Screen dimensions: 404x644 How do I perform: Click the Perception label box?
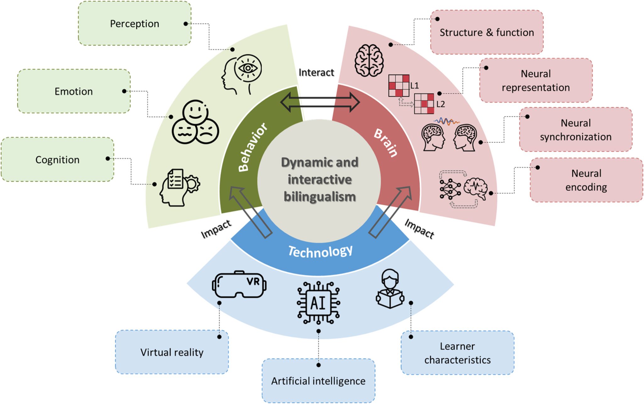click(135, 24)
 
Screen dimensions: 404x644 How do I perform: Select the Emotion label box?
click(74, 91)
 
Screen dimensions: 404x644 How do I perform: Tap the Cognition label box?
click(58, 160)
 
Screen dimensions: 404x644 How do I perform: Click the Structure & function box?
click(487, 32)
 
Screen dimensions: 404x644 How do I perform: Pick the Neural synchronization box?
click(576, 130)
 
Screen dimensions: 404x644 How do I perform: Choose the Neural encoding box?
click(586, 180)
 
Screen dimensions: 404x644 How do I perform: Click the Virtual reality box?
click(172, 352)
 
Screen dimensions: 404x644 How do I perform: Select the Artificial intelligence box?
click(318, 381)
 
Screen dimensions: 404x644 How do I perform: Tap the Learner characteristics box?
click(458, 353)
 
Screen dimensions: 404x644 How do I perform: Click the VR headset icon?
click(239, 284)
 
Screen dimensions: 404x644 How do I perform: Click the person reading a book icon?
click(390, 289)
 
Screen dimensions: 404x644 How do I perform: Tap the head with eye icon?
click(241, 74)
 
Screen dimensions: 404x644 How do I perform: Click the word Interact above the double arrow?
click(316, 72)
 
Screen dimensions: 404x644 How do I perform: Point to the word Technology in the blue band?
click(320, 251)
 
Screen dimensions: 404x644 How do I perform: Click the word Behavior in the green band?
click(252, 147)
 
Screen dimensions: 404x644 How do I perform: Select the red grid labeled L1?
click(399, 85)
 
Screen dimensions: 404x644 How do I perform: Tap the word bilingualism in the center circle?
click(319, 197)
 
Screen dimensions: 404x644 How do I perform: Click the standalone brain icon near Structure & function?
click(369, 60)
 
